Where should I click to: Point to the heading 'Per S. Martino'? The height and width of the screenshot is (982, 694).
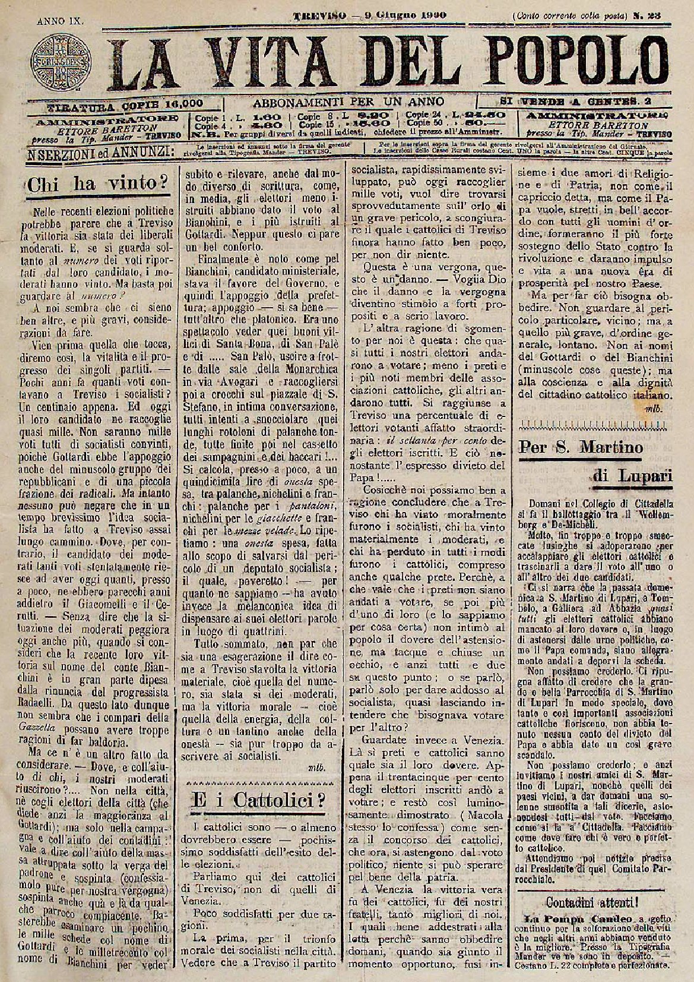click(581, 447)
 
